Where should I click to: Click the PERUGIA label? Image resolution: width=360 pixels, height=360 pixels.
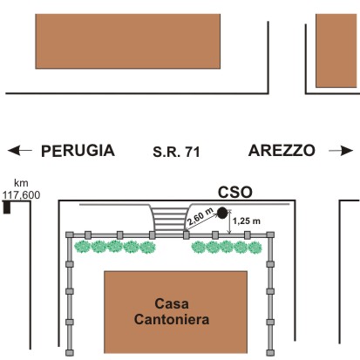click(x=78, y=151)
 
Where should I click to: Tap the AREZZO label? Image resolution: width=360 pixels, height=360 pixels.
click(x=282, y=151)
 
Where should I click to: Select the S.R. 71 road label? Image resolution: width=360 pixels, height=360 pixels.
click(x=176, y=152)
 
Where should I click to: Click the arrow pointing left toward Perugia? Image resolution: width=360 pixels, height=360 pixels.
click(x=20, y=150)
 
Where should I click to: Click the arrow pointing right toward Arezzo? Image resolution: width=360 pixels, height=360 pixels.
click(x=341, y=151)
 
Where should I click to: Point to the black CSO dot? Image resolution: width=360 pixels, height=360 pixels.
click(x=222, y=213)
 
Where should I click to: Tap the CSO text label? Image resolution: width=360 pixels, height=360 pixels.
click(x=235, y=193)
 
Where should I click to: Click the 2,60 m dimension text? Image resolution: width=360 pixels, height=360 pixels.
click(x=200, y=217)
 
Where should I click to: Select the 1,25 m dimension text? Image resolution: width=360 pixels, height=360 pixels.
click(x=247, y=221)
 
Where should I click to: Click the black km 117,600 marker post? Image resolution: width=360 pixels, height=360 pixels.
click(x=7, y=207)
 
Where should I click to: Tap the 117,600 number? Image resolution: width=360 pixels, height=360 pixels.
click(x=21, y=195)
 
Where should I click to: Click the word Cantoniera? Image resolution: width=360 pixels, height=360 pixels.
click(x=172, y=319)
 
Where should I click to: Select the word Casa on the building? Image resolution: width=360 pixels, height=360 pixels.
click(x=172, y=304)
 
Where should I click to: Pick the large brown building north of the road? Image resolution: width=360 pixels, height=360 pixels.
click(x=128, y=41)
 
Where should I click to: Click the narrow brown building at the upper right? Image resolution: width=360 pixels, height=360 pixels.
click(x=336, y=51)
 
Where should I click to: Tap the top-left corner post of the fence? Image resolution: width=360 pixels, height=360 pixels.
click(x=70, y=234)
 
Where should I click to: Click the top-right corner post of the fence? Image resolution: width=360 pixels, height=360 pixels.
click(x=270, y=234)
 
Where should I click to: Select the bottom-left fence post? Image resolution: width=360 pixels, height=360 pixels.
click(x=70, y=353)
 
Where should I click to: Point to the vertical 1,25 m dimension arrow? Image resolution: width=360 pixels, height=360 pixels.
click(x=230, y=221)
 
